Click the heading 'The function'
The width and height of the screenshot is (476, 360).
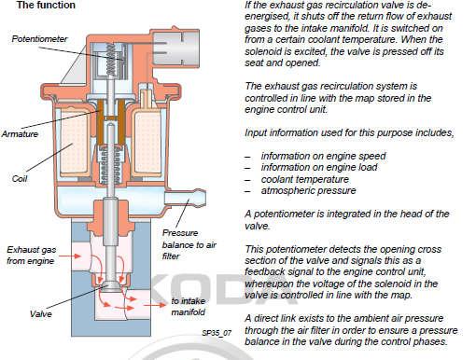tap(46, 5)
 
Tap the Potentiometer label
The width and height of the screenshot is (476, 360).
tap(39, 39)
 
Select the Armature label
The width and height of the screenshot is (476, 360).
tap(20, 134)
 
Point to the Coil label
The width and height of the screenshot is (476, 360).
tap(20, 179)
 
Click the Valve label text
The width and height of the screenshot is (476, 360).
tap(41, 313)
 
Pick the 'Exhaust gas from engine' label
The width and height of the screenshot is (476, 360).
tap(31, 256)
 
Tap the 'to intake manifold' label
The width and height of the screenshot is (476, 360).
tap(189, 307)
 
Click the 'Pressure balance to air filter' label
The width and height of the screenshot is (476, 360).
tap(189, 244)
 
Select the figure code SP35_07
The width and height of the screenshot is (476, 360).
tap(217, 333)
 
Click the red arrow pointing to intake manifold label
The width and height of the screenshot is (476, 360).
tap(155, 305)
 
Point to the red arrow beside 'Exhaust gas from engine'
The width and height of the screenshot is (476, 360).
tap(70, 256)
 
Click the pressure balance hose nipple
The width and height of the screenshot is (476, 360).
tap(185, 198)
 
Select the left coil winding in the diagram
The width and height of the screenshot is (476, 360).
tap(75, 142)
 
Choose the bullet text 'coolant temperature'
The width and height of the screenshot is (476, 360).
tap(305, 179)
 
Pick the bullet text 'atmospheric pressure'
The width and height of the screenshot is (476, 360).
tap(308, 190)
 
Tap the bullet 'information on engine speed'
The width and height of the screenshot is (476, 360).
tap(323, 156)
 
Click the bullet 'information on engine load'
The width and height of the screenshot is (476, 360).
tap(319, 168)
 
